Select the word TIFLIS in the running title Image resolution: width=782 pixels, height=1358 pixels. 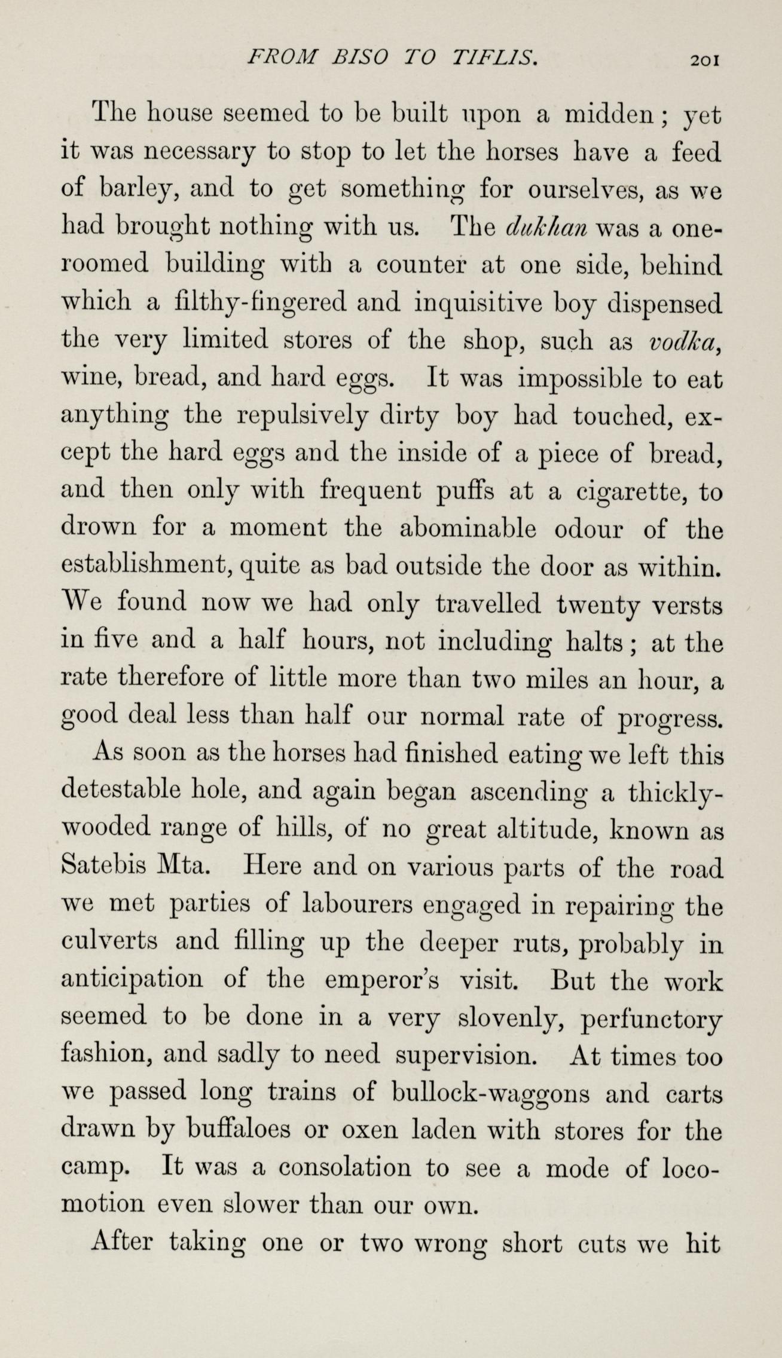click(494, 58)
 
